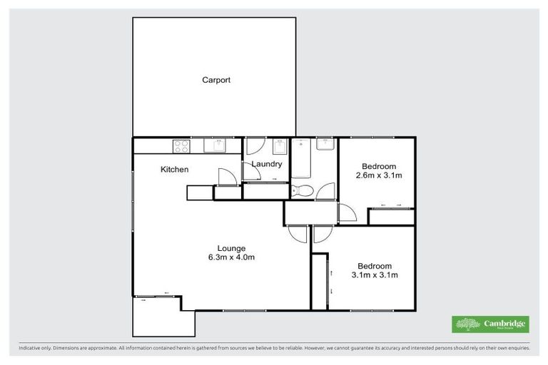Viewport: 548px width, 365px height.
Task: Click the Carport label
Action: (215, 81)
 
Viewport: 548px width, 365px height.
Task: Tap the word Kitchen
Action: (174, 170)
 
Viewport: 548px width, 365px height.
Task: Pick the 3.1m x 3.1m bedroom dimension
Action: (374, 274)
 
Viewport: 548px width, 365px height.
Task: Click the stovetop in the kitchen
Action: (181, 146)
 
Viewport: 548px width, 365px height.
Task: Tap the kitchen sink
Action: (214, 146)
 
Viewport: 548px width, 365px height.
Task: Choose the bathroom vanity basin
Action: (325, 145)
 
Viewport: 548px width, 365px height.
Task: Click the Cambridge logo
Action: (491, 324)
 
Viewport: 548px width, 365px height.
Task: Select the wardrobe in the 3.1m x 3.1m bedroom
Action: (320, 281)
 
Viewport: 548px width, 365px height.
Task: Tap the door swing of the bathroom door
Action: (325, 191)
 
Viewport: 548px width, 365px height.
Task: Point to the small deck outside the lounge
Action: (163, 317)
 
